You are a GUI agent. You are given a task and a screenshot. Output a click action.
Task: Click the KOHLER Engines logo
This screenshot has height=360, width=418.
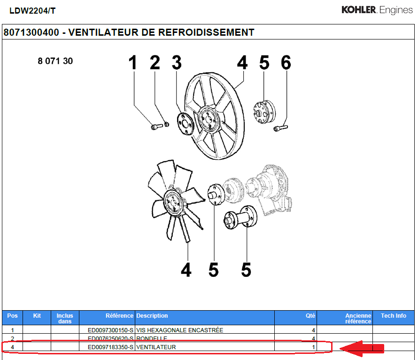(x=377, y=10)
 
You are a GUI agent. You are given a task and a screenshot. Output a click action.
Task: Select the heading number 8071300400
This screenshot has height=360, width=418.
(x=31, y=32)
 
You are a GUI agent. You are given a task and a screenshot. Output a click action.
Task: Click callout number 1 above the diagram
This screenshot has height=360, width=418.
(x=133, y=63)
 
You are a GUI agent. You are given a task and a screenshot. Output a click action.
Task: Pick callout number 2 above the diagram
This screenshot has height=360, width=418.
(x=155, y=63)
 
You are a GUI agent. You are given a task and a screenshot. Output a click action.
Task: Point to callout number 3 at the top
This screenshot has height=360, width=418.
(x=176, y=63)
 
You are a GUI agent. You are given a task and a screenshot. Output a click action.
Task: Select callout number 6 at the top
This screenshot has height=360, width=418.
(x=286, y=63)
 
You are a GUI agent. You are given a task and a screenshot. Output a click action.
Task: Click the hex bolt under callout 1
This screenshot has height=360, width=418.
(x=156, y=126)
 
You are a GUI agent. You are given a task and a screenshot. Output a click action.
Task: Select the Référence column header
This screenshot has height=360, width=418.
(x=119, y=316)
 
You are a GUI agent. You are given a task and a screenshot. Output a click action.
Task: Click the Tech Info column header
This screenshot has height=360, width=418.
(x=393, y=316)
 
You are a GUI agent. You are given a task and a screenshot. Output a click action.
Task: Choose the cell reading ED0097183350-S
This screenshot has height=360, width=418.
(x=111, y=347)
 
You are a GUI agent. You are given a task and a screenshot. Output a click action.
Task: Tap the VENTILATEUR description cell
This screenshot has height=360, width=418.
(x=156, y=347)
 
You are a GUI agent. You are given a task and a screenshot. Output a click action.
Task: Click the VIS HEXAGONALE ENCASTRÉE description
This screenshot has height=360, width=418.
(x=179, y=330)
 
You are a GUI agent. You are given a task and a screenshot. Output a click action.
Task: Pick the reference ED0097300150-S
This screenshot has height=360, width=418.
(x=111, y=330)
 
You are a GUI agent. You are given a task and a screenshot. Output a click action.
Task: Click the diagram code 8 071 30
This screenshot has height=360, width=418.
(x=55, y=61)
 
